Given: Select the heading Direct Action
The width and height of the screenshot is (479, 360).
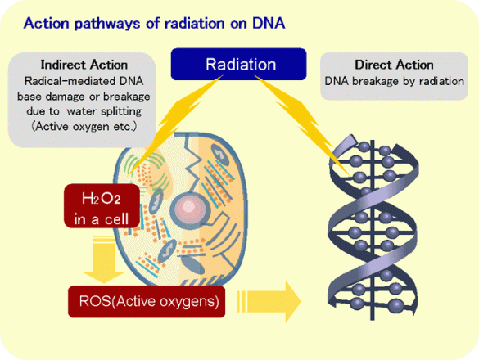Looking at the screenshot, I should (394, 64).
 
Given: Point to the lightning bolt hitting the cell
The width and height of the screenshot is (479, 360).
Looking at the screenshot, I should (172, 123).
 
